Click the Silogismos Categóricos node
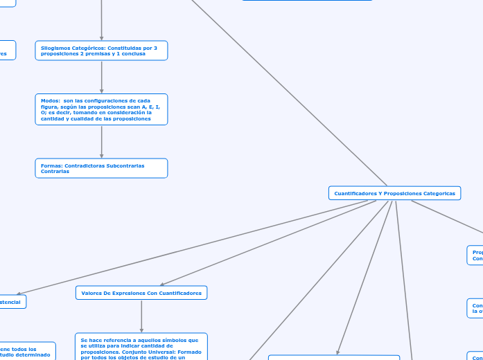click(101, 51)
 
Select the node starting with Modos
click(101, 109)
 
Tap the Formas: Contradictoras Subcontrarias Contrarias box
click(101, 168)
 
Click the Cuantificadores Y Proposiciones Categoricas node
click(394, 193)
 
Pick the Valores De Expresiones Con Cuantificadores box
click(141, 293)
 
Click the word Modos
click(50, 100)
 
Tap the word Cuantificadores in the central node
click(356, 194)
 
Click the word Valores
click(92, 294)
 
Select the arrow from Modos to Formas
click(102, 141)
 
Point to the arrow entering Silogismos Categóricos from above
click(102, 21)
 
